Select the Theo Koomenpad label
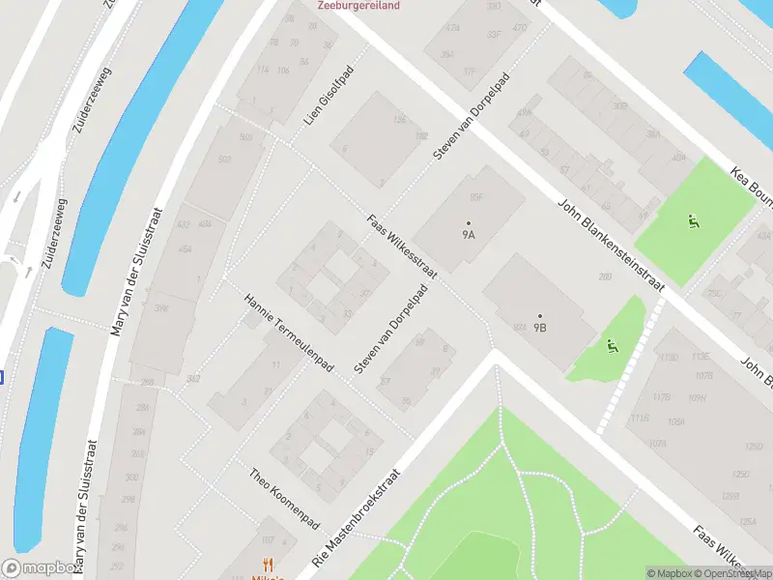284,497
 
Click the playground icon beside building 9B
611,345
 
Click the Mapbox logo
42,568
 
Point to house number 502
225,160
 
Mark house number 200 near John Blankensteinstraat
606,277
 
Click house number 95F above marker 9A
475,197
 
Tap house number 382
193,378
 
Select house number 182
421,136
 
